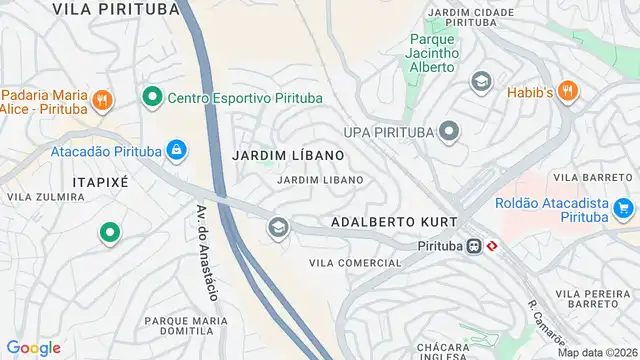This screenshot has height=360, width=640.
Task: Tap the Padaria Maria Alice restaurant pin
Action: pos(102,99)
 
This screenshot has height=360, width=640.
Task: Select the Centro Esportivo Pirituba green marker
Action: pos(152,97)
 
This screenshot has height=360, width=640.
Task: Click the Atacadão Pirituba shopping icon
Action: pos(176,150)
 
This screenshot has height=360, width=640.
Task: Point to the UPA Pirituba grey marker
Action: pos(449,131)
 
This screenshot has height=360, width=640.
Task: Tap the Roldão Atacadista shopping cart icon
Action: pos(623,209)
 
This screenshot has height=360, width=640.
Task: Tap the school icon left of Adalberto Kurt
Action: pos(277,229)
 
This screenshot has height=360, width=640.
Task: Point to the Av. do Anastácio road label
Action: pos(206,254)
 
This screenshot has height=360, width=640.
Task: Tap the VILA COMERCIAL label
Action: pos(355,263)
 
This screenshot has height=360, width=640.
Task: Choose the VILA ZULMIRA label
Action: pos(45,197)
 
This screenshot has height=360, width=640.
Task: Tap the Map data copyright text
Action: pos(596,352)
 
